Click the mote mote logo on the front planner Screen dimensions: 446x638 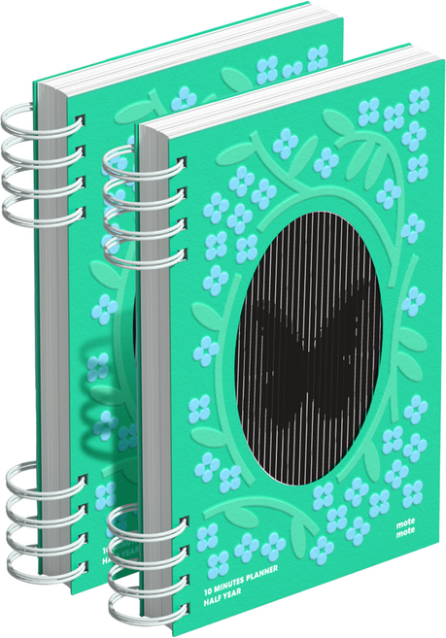(x=406, y=526)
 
